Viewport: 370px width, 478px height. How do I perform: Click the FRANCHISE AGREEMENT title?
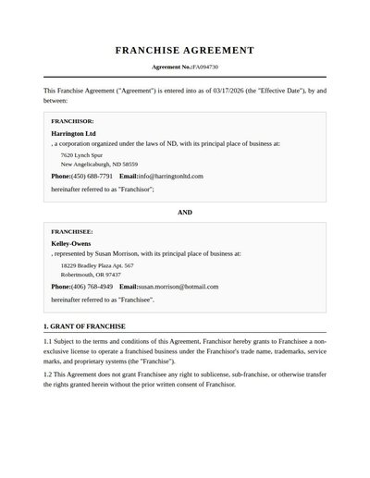click(185, 51)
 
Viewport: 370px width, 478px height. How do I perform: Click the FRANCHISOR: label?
click(72, 121)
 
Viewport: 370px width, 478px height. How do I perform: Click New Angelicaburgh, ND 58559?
click(99, 164)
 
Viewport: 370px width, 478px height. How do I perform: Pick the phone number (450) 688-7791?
click(92, 176)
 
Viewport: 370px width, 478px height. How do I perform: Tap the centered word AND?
click(185, 213)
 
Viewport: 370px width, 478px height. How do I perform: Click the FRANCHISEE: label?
click(72, 231)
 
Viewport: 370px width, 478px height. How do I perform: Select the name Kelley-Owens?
click(71, 243)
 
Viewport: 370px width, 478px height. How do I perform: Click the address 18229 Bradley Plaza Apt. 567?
click(97, 265)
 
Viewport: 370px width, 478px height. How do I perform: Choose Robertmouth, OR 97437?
click(91, 275)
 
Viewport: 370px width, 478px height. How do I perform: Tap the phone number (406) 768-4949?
click(92, 287)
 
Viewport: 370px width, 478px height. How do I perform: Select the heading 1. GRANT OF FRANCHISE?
click(84, 326)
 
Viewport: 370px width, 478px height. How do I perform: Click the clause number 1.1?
click(48, 343)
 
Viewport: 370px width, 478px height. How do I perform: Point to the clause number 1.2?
click(48, 374)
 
